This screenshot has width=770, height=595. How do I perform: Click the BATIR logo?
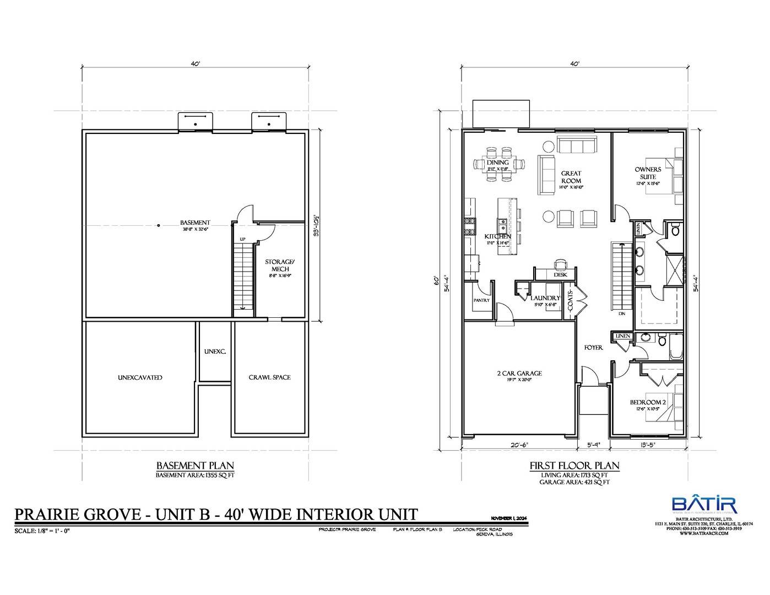(703, 505)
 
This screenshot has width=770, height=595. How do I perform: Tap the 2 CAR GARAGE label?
(519, 373)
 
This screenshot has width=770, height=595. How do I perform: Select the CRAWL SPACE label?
(269, 377)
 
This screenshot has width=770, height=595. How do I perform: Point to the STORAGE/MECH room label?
(280, 265)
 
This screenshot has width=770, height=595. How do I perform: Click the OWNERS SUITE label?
(648, 172)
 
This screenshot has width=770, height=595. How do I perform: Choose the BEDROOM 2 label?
(648, 402)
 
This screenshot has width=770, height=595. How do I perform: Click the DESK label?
(560, 274)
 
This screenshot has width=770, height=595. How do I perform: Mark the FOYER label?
(593, 348)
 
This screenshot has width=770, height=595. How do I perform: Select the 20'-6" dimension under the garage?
(519, 445)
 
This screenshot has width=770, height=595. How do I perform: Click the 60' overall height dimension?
(436, 281)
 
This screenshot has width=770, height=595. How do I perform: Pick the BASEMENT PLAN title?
(195, 465)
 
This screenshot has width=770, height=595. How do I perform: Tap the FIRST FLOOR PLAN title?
(574, 466)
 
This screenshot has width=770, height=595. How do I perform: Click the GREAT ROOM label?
(571, 177)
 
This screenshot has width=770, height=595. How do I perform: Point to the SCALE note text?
(42, 531)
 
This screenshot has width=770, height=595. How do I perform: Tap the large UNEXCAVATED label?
(140, 377)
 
